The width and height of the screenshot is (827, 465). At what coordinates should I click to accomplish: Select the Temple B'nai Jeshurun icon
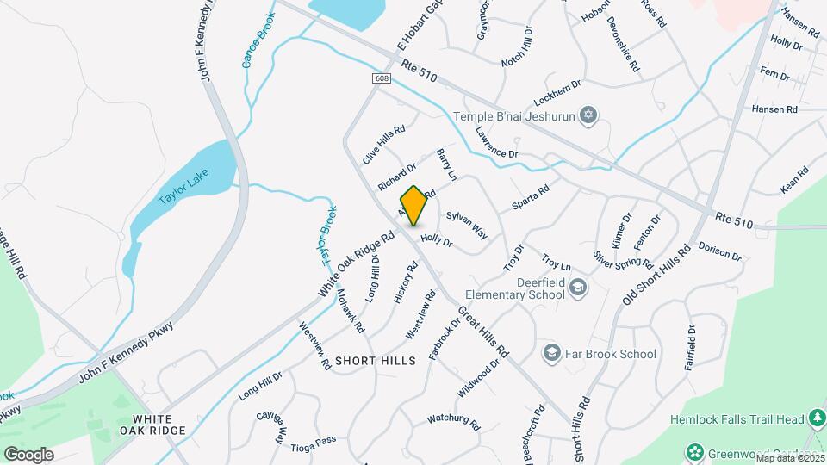pos(589,116)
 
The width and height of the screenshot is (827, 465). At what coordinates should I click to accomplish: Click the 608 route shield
pos(382,78)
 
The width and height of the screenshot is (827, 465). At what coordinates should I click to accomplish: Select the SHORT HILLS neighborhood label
pos(375,360)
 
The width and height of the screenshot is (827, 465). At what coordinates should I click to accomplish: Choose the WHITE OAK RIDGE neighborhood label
pos(153,424)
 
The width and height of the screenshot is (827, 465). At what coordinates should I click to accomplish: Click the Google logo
pos(28,454)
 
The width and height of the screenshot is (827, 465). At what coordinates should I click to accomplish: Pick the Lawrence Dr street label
pos(496,142)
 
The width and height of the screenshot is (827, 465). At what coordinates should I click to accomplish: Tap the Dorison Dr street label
pos(720,251)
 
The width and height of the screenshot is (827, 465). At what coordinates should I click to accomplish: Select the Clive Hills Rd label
pos(383,143)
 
